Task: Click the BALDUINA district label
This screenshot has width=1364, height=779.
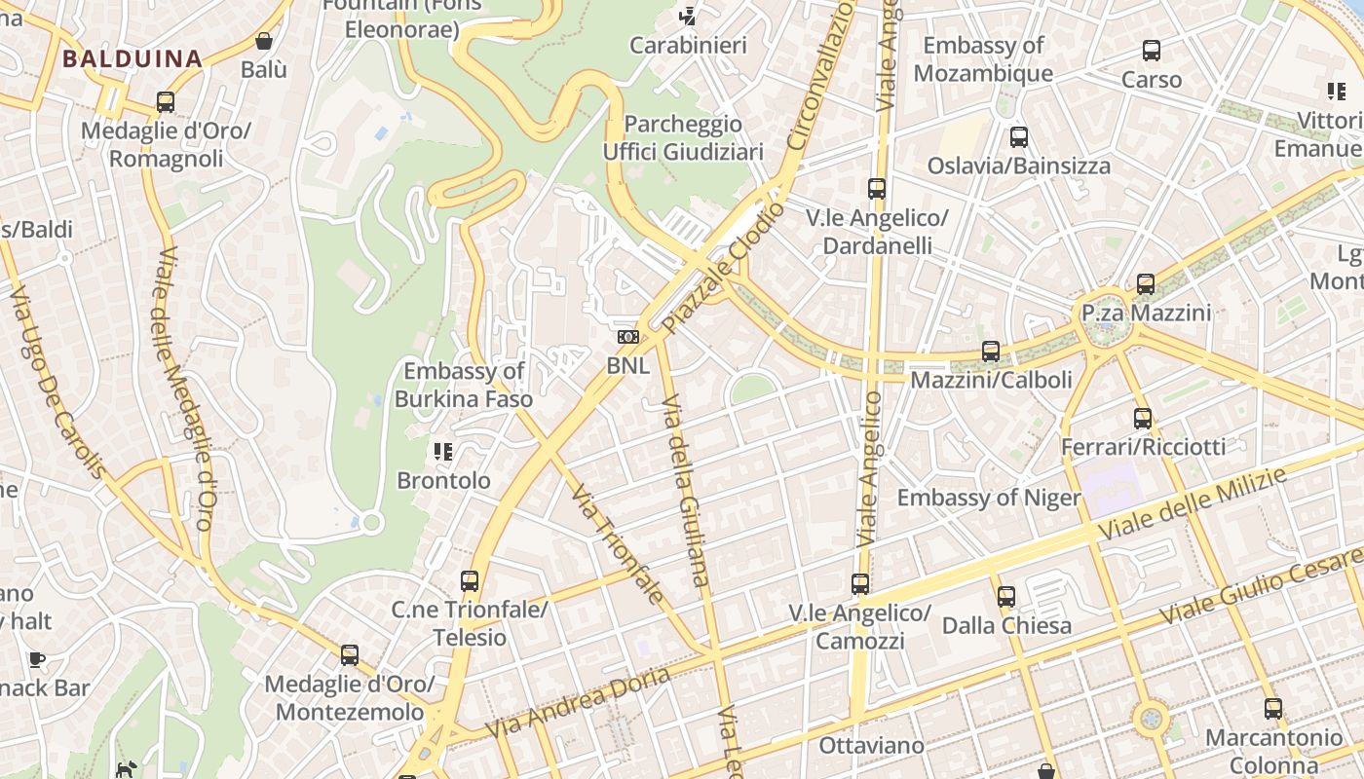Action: (132, 58)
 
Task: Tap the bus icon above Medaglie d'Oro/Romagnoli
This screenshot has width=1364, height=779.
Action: (166, 102)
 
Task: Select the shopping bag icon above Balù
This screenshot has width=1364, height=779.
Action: (263, 41)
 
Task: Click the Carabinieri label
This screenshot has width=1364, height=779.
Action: (688, 46)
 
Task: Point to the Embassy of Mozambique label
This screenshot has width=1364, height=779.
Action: (983, 59)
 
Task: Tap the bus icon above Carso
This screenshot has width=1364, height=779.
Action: (1152, 51)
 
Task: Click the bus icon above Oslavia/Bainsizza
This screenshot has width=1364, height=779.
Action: (1019, 137)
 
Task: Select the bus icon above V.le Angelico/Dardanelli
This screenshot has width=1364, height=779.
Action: (877, 189)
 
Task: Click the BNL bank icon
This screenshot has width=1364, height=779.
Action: (628, 337)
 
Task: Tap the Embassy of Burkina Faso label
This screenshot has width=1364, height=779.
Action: (464, 385)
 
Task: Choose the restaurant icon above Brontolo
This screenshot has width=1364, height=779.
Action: (443, 451)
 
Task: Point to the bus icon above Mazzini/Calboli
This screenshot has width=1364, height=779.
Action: (991, 352)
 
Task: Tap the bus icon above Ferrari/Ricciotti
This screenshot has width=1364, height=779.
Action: (1143, 419)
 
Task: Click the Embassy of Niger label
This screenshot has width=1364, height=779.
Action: (989, 499)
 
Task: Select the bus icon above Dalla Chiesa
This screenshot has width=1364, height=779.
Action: (1006, 596)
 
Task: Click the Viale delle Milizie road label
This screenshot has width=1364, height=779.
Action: (1193, 504)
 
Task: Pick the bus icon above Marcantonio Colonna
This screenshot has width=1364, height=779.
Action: (1273, 709)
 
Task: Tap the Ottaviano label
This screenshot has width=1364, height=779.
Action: (871, 746)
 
